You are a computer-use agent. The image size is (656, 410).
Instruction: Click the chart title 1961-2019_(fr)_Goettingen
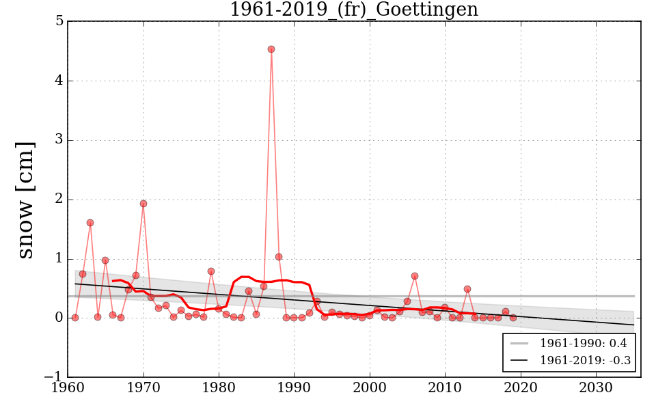click(x=353, y=10)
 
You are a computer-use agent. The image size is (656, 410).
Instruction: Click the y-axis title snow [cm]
click(x=25, y=200)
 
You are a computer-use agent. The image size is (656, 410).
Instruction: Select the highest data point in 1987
click(x=271, y=49)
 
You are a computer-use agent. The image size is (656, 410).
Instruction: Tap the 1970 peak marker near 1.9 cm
click(x=143, y=204)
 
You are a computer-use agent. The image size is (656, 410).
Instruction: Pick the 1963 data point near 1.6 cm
click(x=90, y=223)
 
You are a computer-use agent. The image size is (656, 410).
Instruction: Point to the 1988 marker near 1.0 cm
click(x=279, y=257)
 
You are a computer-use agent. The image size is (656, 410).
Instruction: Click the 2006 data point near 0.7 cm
click(x=415, y=276)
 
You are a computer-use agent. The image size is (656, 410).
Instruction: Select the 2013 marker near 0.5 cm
click(x=467, y=289)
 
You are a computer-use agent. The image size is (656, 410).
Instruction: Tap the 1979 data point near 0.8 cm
click(x=211, y=271)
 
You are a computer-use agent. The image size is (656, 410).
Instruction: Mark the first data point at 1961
click(x=75, y=318)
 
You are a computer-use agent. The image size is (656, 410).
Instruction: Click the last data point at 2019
click(x=513, y=318)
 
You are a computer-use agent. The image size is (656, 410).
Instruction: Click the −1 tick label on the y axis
click(x=55, y=377)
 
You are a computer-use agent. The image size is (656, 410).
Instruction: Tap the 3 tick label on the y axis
click(x=59, y=140)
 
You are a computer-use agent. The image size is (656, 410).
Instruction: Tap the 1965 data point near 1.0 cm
click(x=105, y=260)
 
